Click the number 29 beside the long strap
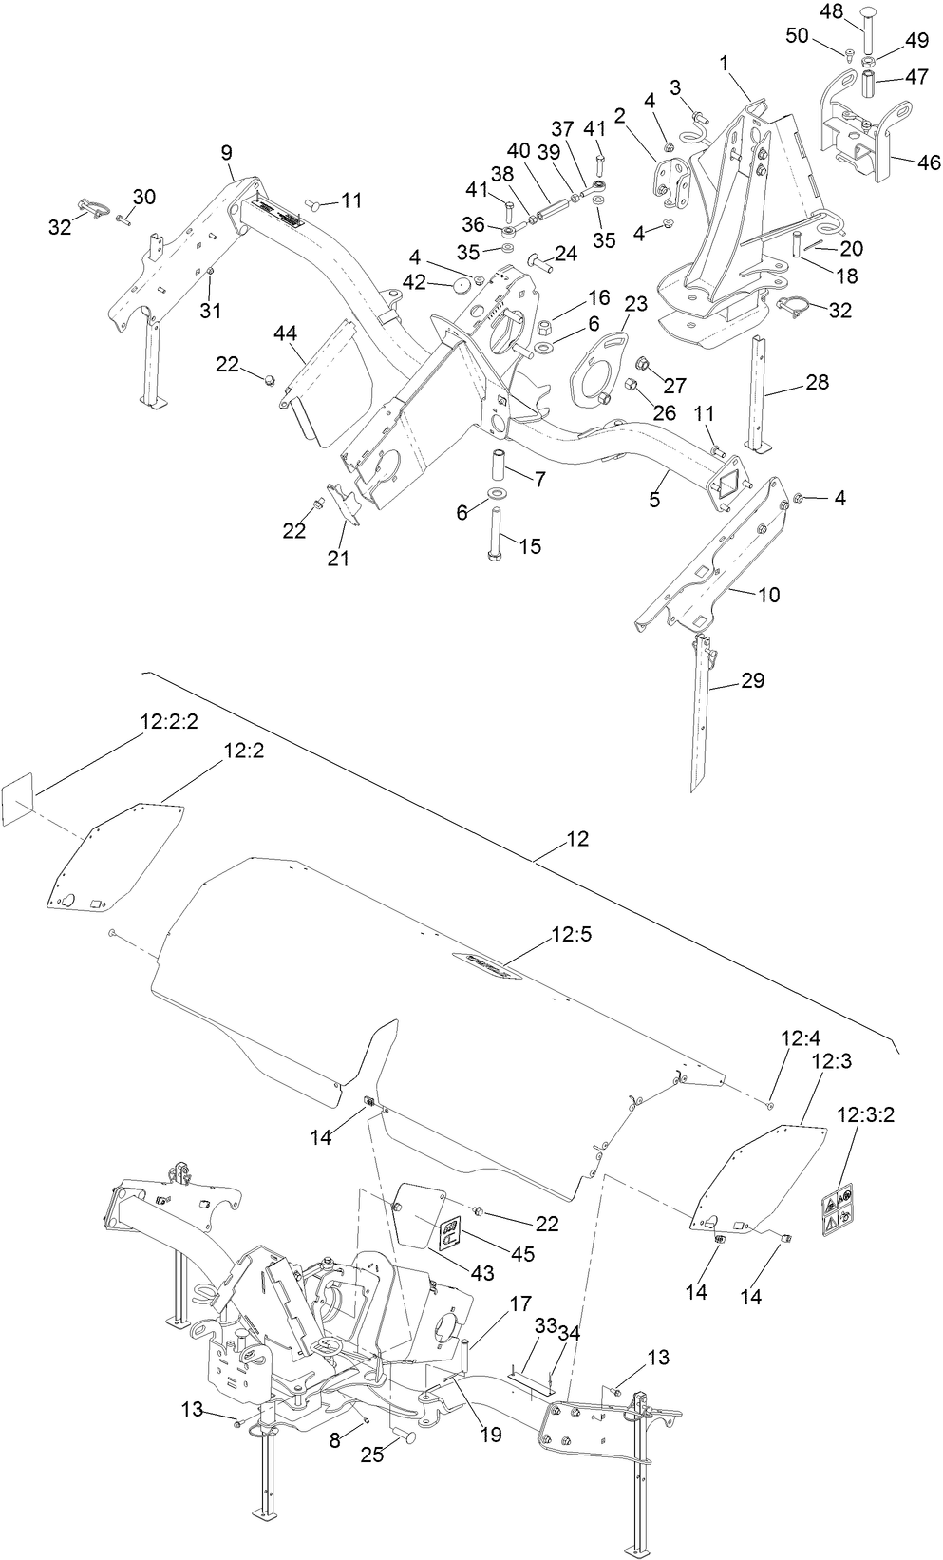click(x=752, y=680)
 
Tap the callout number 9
click(x=226, y=151)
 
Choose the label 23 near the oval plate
click(x=635, y=303)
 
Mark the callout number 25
click(x=372, y=1455)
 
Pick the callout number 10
click(x=768, y=595)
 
